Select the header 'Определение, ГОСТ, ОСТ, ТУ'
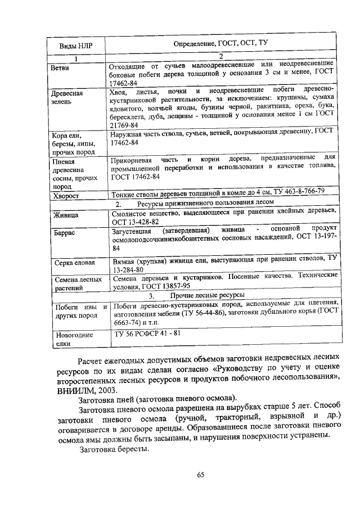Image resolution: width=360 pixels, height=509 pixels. tap(223, 43)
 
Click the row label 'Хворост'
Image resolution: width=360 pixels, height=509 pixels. tap(65, 196)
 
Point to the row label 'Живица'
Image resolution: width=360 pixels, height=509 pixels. tap(65, 215)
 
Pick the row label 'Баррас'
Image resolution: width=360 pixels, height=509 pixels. tap(63, 232)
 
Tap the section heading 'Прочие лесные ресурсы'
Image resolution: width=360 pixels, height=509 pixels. tap(208, 295)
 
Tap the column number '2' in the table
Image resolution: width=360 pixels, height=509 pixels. tap(221, 56)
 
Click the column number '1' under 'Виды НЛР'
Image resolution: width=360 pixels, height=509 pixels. tap(76, 58)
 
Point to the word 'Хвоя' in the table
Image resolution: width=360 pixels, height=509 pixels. tap(119, 91)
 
